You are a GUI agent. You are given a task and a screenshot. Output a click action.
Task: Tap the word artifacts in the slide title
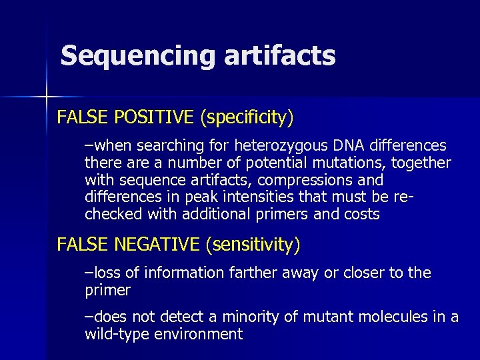tap(279, 56)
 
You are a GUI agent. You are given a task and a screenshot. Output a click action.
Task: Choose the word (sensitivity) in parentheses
tap(253, 245)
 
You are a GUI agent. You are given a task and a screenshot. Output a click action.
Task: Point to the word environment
tap(199, 335)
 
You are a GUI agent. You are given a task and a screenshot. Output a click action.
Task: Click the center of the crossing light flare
tap(47, 97)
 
